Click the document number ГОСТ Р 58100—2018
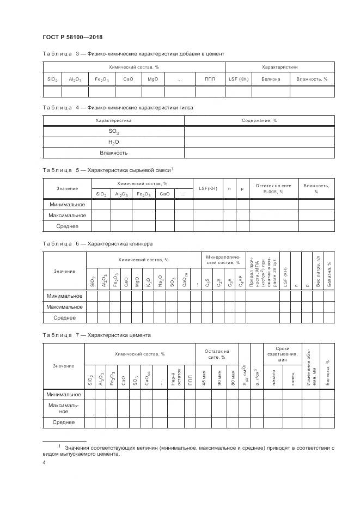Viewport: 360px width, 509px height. coord(72,37)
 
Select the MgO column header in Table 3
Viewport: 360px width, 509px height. coord(152,79)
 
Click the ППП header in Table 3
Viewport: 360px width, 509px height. coord(210,79)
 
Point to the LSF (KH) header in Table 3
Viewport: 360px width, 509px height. coord(238,79)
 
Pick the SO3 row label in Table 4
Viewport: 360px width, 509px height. coord(113,132)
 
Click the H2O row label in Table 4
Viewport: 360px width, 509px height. coord(113,142)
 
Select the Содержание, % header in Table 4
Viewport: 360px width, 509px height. coord(259,120)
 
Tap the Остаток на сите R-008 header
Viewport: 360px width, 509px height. coord(273,188)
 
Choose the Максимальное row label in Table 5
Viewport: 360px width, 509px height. coord(67,215)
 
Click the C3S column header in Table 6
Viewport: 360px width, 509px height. coord(208,282)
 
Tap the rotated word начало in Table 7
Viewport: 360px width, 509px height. coord(272,377)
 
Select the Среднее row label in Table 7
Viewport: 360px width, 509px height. coord(64,422)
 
